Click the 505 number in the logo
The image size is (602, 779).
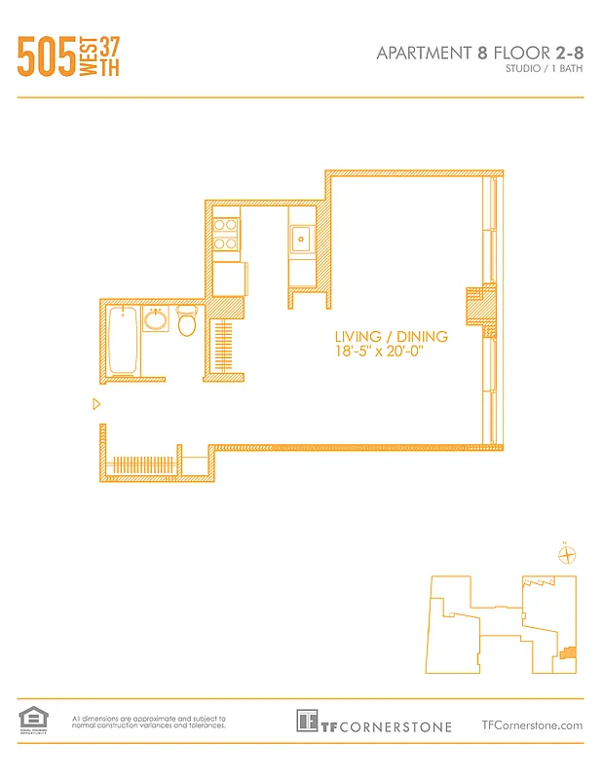click(46, 57)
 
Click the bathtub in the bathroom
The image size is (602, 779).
click(122, 340)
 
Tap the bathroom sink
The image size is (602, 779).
click(156, 319)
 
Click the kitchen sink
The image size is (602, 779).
click(302, 237)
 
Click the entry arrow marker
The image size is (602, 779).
click(95, 404)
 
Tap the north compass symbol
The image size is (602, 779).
click(567, 554)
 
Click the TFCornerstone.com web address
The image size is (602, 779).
click(532, 724)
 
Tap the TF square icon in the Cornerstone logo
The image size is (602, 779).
click(307, 722)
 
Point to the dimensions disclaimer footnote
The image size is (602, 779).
click(149, 722)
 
